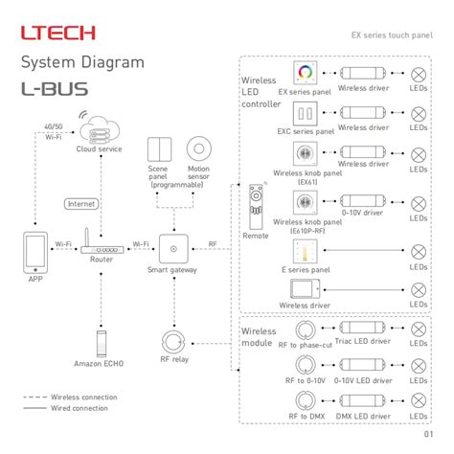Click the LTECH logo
pyautogui.click(x=58, y=34)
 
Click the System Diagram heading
pyautogui.click(x=83, y=63)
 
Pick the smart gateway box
pyautogui.click(x=172, y=249)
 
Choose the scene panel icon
pyautogui.click(x=158, y=149)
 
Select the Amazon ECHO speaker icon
pyautogui.click(x=101, y=341)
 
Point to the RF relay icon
pyautogui.click(x=172, y=342)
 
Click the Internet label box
pyautogui.click(x=81, y=203)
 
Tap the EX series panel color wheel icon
pyautogui.click(x=306, y=74)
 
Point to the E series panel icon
pyautogui.click(x=306, y=253)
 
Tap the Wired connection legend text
pyautogui.click(x=79, y=408)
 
